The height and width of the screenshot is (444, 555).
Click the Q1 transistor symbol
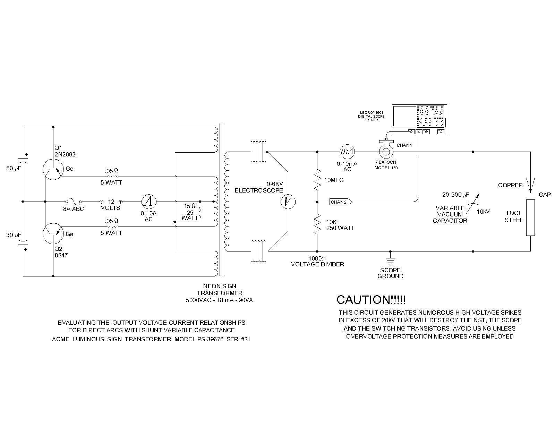click(x=53, y=169)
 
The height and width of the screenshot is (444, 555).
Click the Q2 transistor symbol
click(x=53, y=233)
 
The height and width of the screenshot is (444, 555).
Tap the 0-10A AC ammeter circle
click(x=149, y=202)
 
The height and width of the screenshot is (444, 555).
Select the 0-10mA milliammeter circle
click(x=347, y=152)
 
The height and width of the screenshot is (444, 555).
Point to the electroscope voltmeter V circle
click(x=288, y=202)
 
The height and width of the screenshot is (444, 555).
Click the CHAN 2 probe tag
click(x=341, y=202)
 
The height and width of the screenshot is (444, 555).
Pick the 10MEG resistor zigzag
click(x=317, y=180)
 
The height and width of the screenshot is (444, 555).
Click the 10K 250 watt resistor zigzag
click(x=317, y=224)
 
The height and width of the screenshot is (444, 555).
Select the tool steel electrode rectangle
click(x=530, y=217)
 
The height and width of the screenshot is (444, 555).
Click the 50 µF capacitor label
click(x=14, y=169)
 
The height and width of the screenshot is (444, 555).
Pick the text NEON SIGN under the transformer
click(x=220, y=286)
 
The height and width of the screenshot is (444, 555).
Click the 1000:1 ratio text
click(x=317, y=258)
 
